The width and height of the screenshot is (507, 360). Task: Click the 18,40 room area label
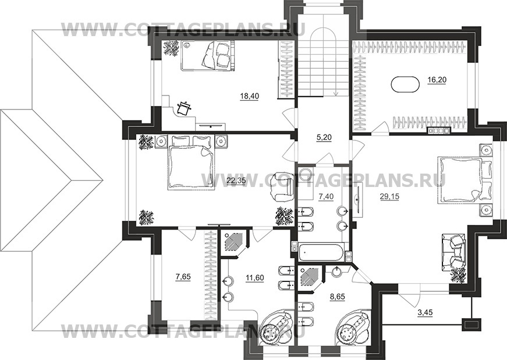pos(249,96)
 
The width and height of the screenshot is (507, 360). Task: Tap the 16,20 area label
pos(437,80)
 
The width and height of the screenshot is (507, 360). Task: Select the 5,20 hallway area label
pos(324,137)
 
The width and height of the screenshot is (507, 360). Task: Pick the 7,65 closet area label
pos(183,277)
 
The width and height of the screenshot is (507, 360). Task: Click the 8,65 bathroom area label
pos(337,296)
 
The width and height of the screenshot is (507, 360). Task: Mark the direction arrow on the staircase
pos(336,93)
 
